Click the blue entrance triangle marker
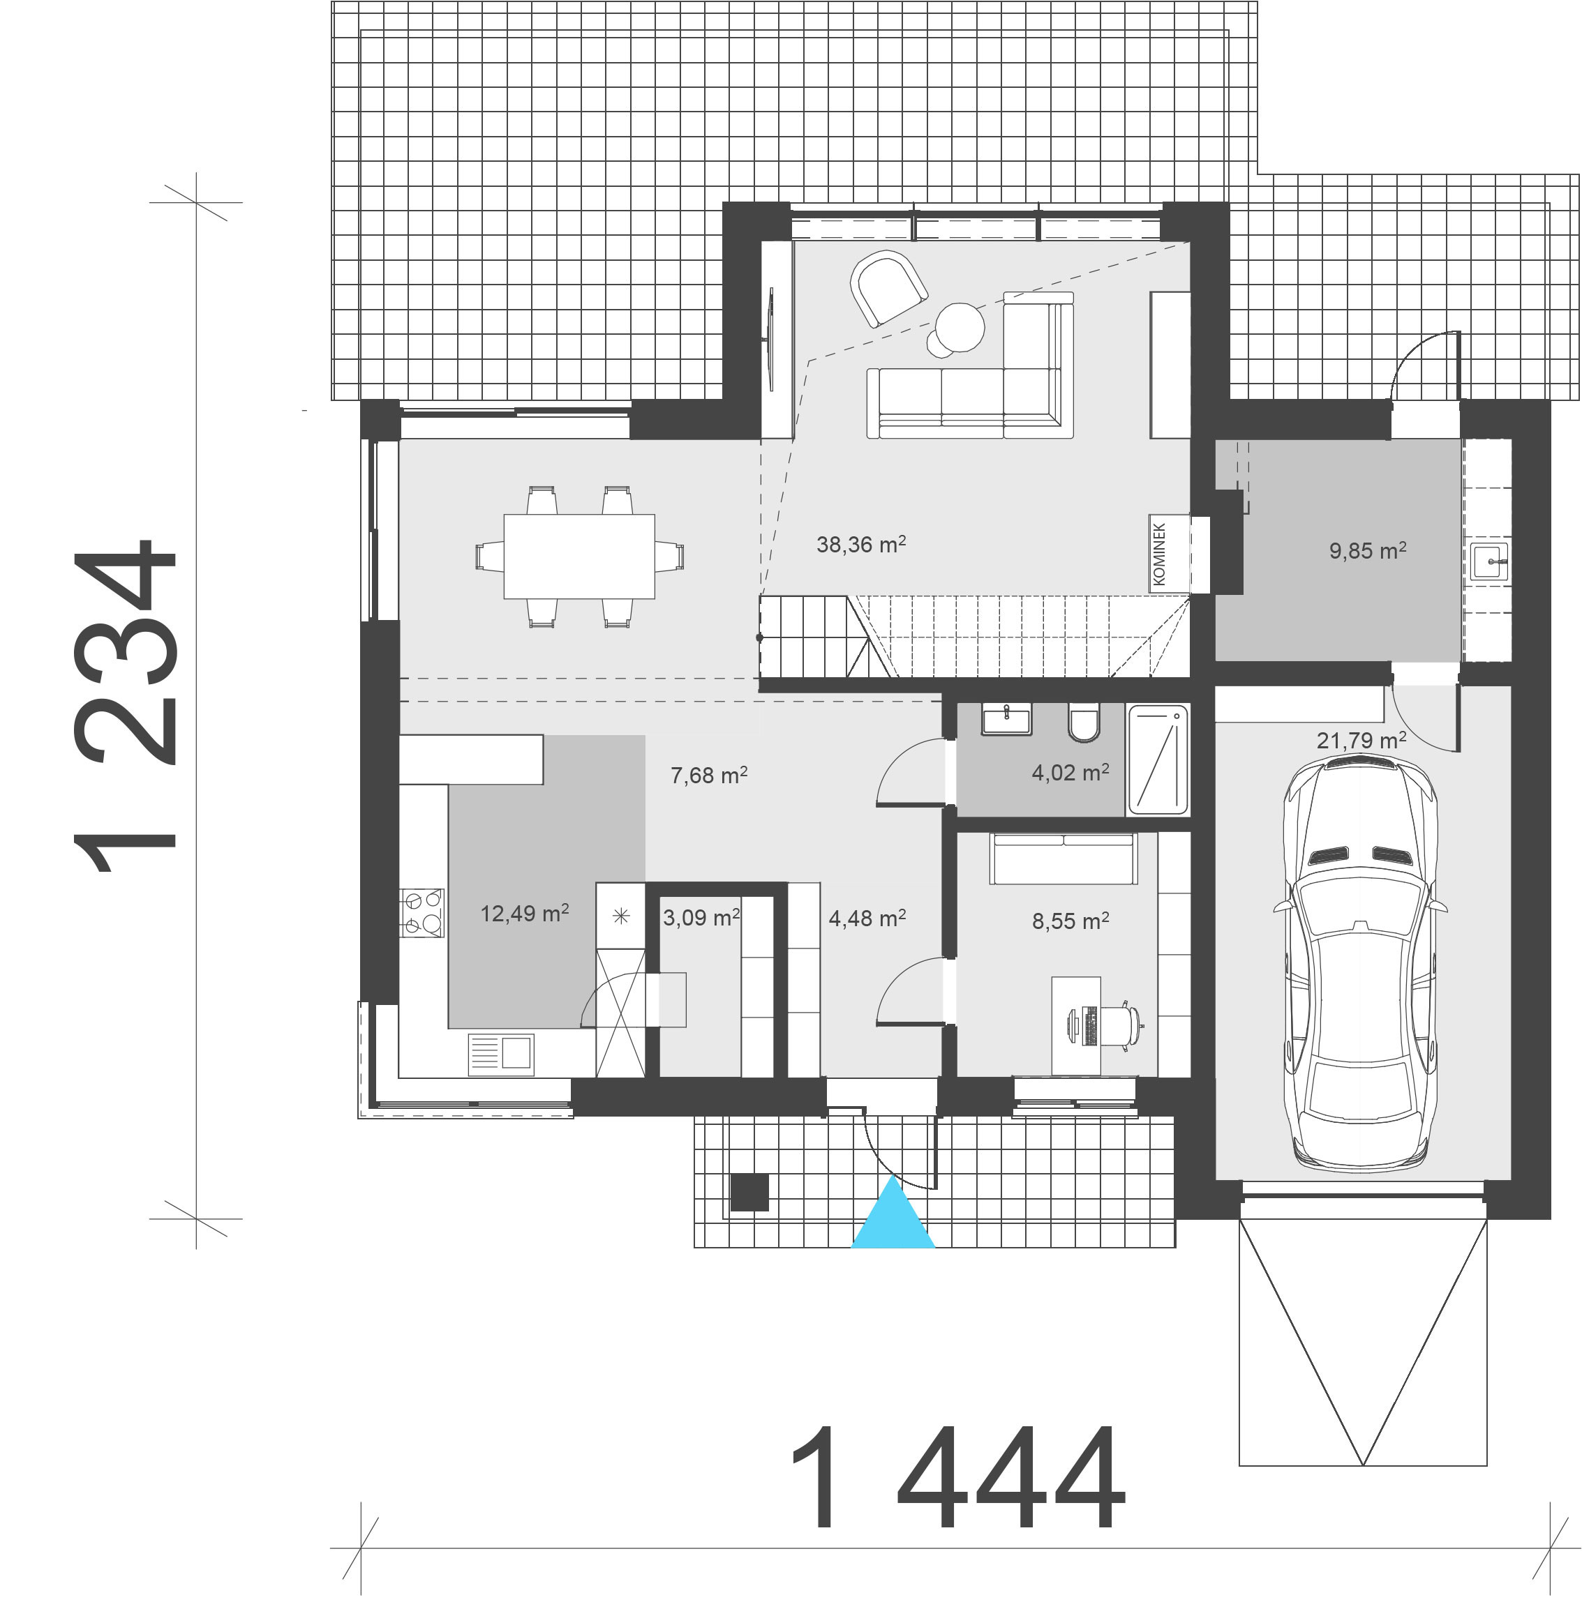click(893, 1218)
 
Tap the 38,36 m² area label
click(860, 545)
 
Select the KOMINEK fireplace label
click(1159, 554)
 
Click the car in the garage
click(1361, 966)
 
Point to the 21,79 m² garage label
click(1361, 740)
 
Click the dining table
click(579, 556)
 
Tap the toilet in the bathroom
click(1084, 723)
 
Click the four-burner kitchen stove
click(421, 912)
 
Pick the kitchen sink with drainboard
click(501, 1054)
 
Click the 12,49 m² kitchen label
click(524, 914)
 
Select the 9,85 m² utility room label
click(1367, 550)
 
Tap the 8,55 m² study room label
click(1070, 921)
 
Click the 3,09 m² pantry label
click(701, 918)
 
